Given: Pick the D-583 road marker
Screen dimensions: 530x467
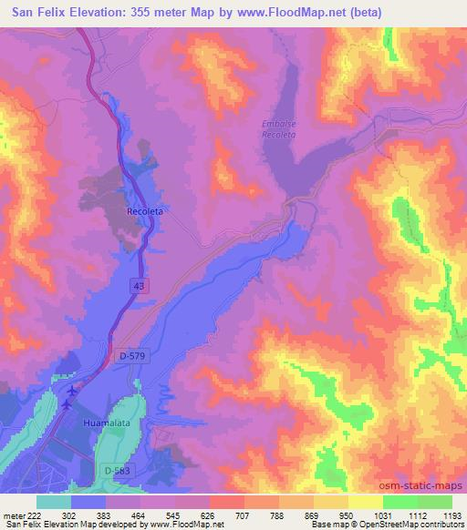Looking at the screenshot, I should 112,469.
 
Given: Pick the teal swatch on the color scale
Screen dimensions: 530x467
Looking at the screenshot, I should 54,502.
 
